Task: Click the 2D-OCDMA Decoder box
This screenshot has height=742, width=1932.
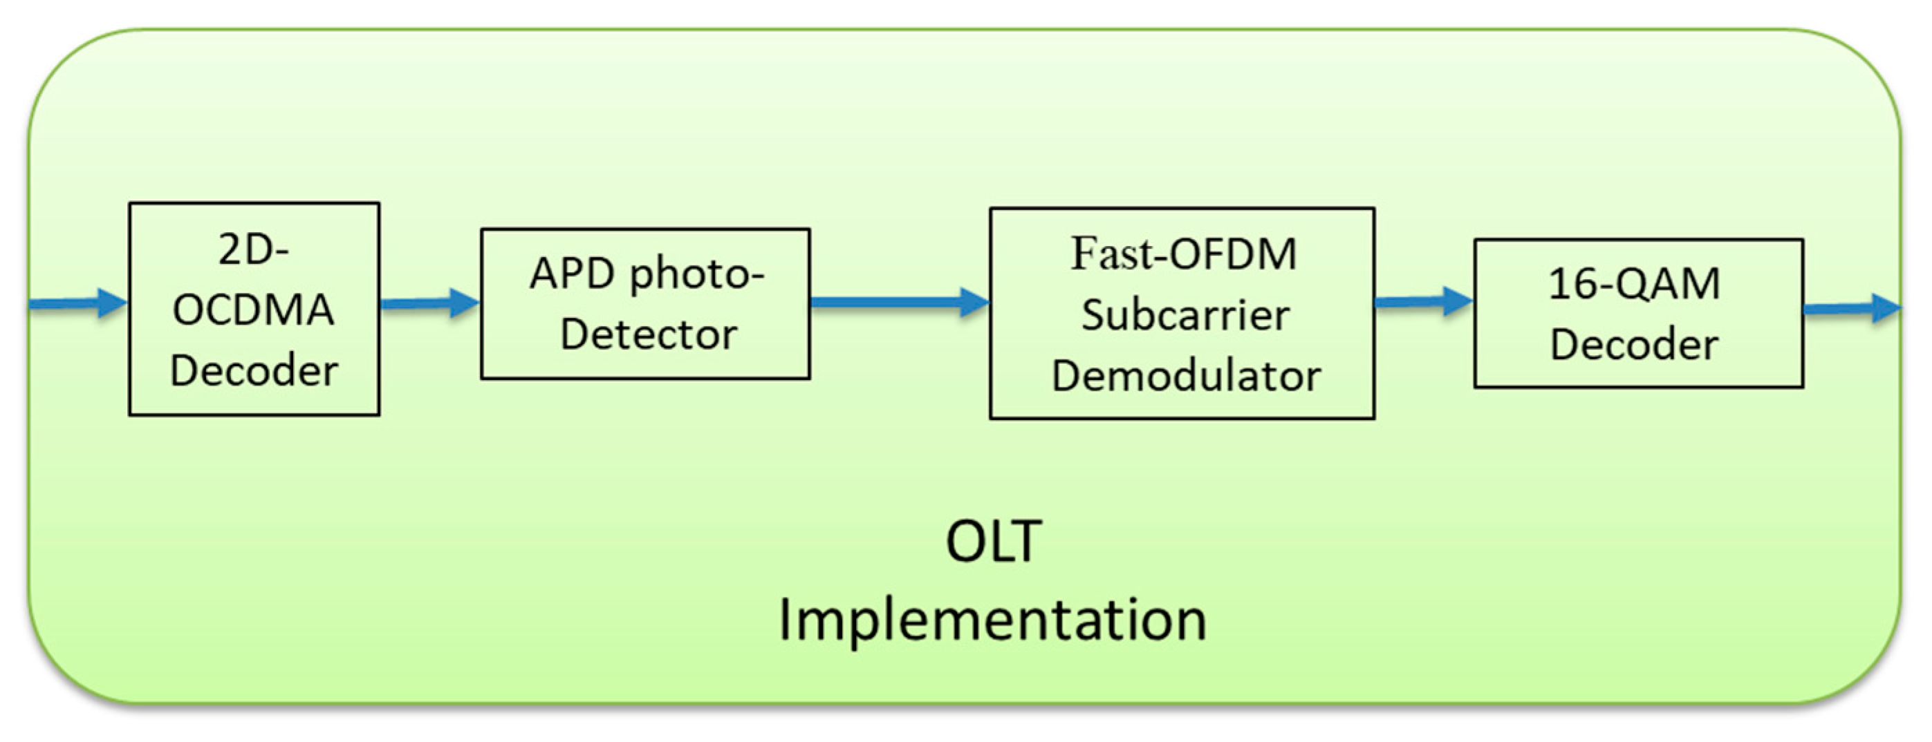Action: tap(254, 308)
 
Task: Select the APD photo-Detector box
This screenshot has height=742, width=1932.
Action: tap(645, 303)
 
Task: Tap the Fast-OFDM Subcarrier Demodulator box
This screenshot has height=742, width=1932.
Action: tap(1182, 312)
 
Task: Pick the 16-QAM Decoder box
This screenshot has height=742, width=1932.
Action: tap(1638, 312)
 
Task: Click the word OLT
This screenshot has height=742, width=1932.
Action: tap(993, 541)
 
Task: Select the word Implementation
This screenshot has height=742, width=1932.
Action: tap(992, 620)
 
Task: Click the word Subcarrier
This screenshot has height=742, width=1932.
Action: tap(1185, 315)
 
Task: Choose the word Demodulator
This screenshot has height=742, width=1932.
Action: tap(1185, 376)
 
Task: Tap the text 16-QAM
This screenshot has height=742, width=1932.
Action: tap(1634, 284)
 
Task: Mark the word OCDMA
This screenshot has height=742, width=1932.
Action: tap(254, 310)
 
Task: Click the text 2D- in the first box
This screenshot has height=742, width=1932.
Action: tap(254, 249)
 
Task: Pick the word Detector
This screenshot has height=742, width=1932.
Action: tap(648, 334)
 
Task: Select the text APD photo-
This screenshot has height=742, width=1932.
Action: tap(647, 274)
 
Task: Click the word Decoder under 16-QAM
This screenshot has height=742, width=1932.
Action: tap(1634, 345)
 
